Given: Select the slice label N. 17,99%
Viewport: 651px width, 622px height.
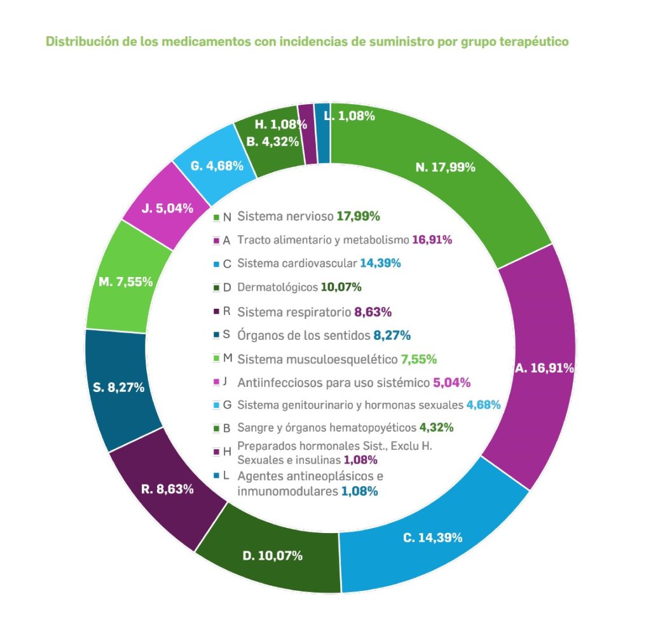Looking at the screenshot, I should [446, 168].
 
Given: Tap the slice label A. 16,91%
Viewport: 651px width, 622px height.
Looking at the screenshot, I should [545, 368].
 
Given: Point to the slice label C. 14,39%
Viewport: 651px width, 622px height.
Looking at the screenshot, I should [432, 537].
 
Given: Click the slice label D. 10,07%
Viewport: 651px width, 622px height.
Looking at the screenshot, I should [272, 556].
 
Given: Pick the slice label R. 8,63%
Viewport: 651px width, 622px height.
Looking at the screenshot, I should [167, 489].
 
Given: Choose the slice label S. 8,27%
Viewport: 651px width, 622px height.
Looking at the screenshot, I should [119, 386].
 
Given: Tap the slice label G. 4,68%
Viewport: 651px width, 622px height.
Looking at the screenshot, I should [217, 166].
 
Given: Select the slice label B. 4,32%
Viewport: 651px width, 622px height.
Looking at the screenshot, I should [273, 141].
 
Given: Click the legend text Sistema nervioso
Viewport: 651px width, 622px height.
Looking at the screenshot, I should [285, 216].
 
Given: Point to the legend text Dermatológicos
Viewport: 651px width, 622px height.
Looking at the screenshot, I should [277, 287].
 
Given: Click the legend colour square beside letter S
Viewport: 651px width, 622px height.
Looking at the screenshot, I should [216, 336].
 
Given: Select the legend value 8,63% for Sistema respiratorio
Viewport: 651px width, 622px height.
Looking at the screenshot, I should [373, 312].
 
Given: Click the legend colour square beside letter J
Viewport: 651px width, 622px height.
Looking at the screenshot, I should [216, 382].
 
